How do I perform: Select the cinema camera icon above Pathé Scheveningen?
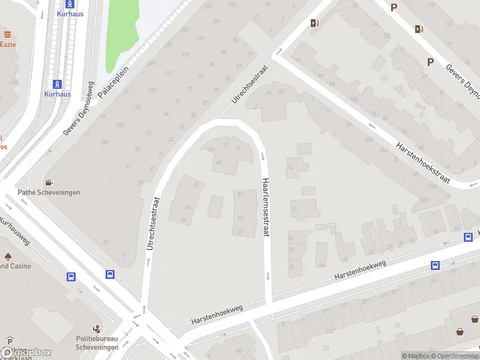[48, 182]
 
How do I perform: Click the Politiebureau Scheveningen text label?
[97, 343]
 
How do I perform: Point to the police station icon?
[96, 329]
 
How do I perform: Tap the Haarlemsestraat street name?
[265, 207]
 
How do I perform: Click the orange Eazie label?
[7, 44]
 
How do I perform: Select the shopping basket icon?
[460, 331]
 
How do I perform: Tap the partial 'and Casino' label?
[13, 266]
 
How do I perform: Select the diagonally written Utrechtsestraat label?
[252, 91]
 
